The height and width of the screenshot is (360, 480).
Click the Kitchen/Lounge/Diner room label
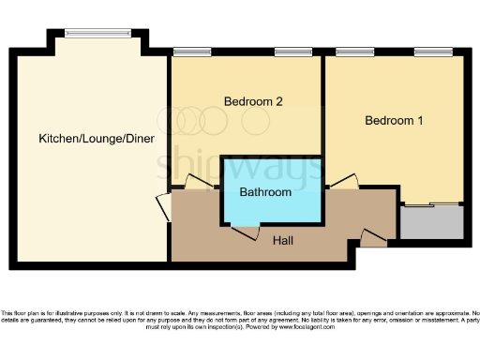pos(97,139)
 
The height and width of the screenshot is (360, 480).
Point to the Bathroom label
pos(264,191)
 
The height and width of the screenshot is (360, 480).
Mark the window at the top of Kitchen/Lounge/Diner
pos(97,34)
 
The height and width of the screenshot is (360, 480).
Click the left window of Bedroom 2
pos(191,52)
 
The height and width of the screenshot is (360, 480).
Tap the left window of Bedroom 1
pos(350,52)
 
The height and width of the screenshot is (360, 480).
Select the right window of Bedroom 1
pos(433,52)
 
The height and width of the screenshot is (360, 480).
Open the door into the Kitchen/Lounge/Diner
pos(164,207)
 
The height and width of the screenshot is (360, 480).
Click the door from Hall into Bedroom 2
pos(199,184)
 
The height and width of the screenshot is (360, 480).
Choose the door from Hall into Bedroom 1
pos(342,183)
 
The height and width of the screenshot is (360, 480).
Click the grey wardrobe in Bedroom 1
pos(431,222)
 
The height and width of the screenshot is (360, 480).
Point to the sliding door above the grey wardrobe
pos(431,203)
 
